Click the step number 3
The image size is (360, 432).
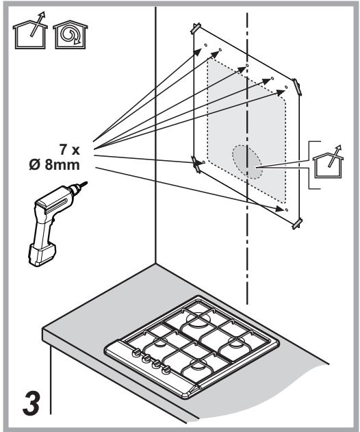31,404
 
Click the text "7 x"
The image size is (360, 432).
70,150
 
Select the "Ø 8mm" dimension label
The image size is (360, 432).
55,165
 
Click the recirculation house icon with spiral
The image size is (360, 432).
70,34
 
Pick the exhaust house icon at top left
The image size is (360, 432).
30,31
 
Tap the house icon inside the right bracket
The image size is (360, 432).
329,162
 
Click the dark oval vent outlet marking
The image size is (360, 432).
247,162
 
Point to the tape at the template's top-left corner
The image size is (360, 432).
196,29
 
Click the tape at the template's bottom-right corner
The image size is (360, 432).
297,224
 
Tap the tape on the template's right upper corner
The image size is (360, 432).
296,87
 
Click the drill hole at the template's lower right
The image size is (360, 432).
287,210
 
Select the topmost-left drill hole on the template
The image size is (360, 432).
205,45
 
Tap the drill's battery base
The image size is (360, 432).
42,255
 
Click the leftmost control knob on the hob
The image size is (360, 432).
136,353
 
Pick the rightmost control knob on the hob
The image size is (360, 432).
166,370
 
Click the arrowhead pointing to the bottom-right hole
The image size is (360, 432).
280,209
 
